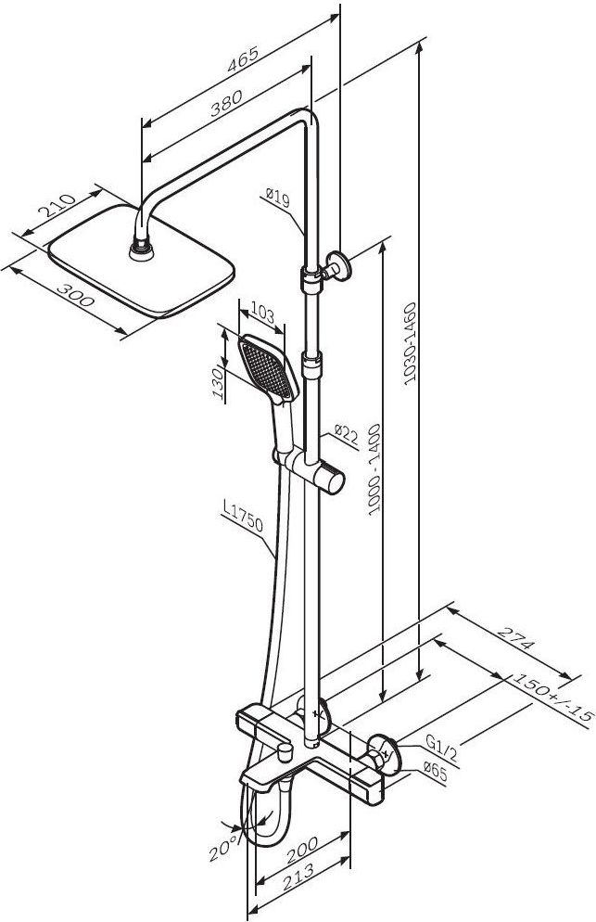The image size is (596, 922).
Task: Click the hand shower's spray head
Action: tap(266, 367)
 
